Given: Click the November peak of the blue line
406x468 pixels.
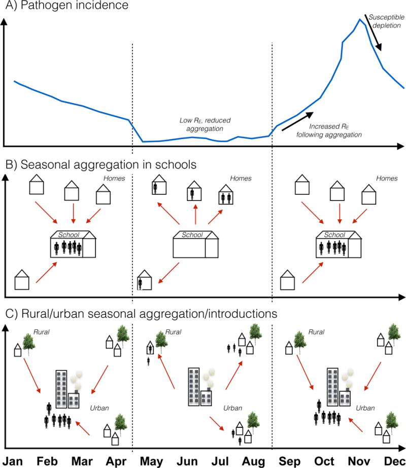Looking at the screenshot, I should tap(360, 20).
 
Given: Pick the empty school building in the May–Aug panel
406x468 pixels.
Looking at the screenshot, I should tap(196, 246).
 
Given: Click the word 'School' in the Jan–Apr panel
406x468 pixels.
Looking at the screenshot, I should tap(68, 235).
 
